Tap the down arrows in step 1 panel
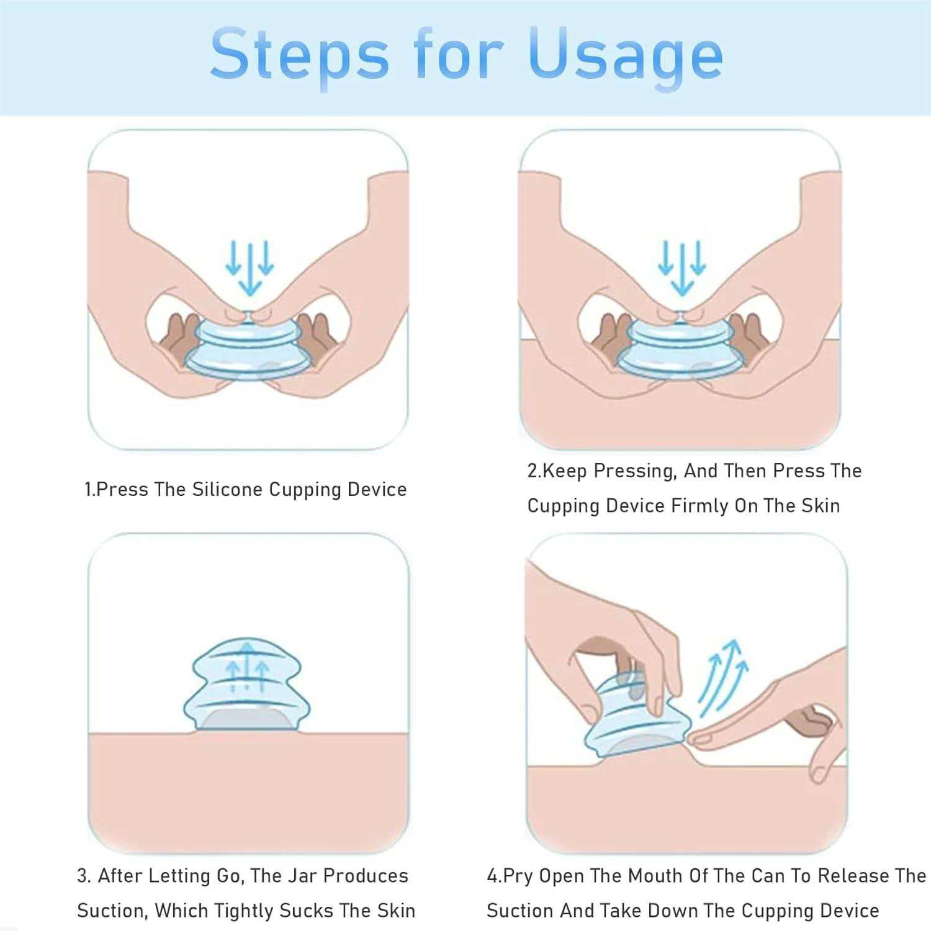click(x=250, y=268)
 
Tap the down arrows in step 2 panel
click(x=681, y=268)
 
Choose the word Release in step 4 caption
click(x=854, y=876)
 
